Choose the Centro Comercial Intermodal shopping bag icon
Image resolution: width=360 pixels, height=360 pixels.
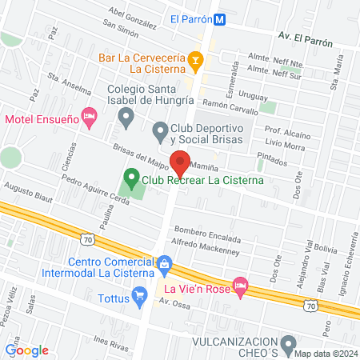pos(165,262)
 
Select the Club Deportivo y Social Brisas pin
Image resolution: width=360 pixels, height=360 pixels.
pos(160,129)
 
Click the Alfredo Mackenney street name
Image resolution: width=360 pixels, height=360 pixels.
pos(206,249)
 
